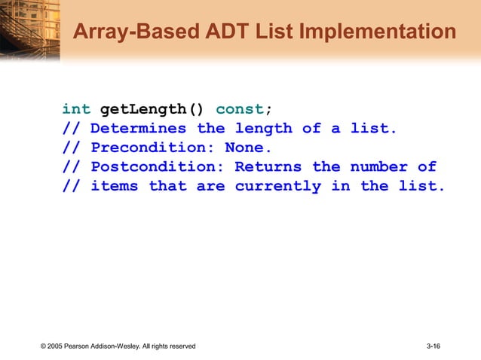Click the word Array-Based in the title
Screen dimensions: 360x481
click(x=129, y=32)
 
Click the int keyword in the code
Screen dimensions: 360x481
click(x=76, y=109)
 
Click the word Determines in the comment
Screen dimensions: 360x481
click(x=138, y=129)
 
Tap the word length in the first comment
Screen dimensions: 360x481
click(x=263, y=129)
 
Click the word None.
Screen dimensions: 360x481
click(x=248, y=148)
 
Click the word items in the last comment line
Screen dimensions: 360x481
click(x=114, y=186)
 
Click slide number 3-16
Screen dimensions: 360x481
click(x=434, y=346)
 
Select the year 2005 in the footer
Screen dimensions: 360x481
click(x=58, y=346)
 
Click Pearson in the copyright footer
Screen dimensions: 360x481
click(x=82, y=346)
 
